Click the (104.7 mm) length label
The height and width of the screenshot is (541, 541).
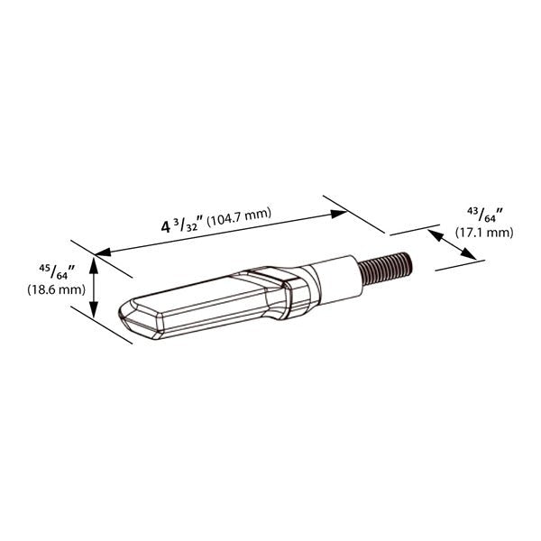[x=239, y=217]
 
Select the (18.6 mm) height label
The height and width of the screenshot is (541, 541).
[x=56, y=289]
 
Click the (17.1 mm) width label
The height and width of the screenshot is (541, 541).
[x=484, y=233]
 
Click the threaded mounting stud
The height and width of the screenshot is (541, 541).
[x=385, y=268]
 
